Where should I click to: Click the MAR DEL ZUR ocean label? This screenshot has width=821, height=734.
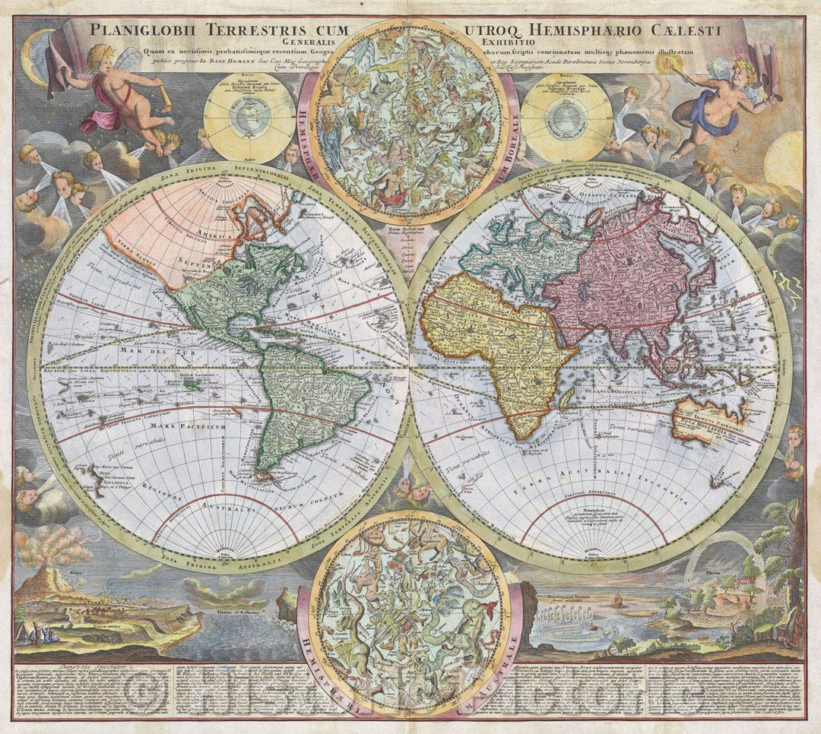tap(144, 351)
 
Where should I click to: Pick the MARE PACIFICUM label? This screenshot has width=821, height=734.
tap(179, 428)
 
